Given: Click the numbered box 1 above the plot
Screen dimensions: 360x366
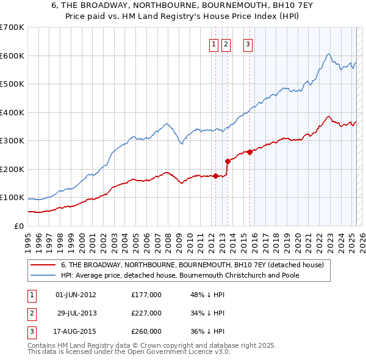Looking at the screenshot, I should tap(215, 43).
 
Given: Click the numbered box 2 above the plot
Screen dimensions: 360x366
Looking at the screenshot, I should tap(226, 43).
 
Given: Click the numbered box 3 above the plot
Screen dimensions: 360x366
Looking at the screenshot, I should tap(248, 43).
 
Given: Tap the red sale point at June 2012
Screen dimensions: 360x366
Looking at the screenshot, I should tap(215, 176).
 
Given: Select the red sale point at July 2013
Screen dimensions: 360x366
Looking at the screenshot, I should tap(228, 162).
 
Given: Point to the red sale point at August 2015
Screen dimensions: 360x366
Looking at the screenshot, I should tap(250, 152).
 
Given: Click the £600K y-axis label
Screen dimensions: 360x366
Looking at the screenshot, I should tap(12, 56).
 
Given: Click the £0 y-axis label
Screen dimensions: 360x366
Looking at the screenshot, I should tap(19, 226).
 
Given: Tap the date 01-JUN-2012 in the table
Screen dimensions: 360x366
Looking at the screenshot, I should tap(76, 295).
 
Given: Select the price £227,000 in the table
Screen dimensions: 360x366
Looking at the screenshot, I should tap(146, 313).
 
